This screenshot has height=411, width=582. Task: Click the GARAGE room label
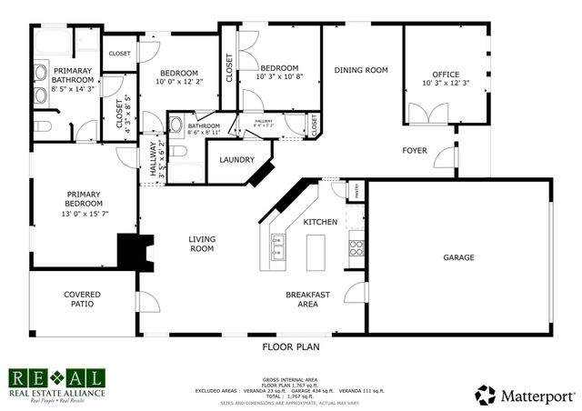pyautogui.click(x=458, y=257)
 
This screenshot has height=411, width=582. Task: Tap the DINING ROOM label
pyautogui.click(x=361, y=70)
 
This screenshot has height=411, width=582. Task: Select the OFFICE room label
pyautogui.click(x=446, y=75)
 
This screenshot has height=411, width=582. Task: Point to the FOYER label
pyautogui.click(x=416, y=149)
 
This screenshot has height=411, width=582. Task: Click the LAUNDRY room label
pyautogui.click(x=236, y=158)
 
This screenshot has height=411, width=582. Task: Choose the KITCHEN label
pyautogui.click(x=320, y=222)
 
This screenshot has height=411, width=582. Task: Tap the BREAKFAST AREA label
pyautogui.click(x=307, y=299)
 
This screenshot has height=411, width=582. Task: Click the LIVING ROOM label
pyautogui.click(x=201, y=244)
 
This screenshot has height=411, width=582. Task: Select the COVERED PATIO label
pyautogui.click(x=82, y=299)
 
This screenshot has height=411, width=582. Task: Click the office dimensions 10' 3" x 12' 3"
pyautogui.click(x=446, y=84)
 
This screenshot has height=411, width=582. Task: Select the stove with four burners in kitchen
pyautogui.click(x=356, y=246)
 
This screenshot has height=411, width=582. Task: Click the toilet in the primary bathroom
pyautogui.click(x=45, y=125)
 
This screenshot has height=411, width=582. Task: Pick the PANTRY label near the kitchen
pyautogui.click(x=356, y=191)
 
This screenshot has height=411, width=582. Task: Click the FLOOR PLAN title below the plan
pyautogui.click(x=291, y=346)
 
